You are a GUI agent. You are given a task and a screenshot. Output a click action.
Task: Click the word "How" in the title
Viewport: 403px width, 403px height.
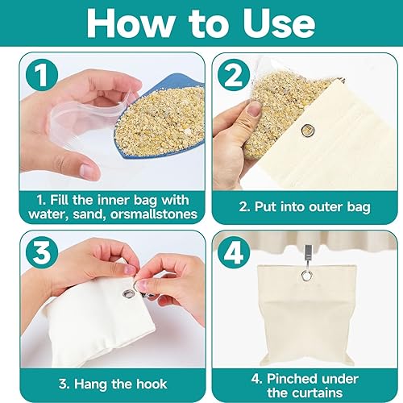[131, 23]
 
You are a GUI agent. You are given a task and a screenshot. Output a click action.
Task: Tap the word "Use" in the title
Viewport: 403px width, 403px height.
[279, 23]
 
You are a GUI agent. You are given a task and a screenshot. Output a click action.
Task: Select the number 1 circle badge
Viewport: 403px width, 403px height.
[42, 75]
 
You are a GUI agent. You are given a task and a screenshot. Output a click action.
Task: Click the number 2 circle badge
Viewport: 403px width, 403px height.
[234, 75]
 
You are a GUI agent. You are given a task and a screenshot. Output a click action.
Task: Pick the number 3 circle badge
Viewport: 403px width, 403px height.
[42, 253]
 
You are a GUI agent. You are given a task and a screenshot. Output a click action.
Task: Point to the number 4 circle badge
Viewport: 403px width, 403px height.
[234, 253]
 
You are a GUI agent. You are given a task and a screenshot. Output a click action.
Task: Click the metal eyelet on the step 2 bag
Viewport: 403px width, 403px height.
[308, 131]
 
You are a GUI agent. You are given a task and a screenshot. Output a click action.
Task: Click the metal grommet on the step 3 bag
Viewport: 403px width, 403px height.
[129, 293]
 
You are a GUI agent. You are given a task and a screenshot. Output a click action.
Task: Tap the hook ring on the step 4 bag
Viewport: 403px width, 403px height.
[306, 275]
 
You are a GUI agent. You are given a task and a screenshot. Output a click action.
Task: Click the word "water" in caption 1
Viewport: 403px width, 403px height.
[48, 214]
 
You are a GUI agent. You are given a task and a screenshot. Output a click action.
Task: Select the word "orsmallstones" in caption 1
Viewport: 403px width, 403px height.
[154, 214]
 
